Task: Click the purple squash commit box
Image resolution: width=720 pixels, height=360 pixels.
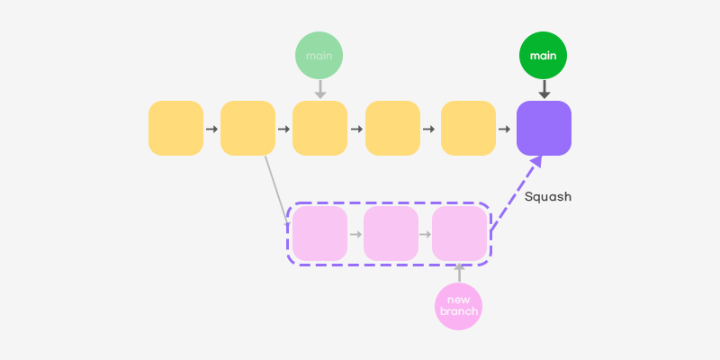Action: click(x=544, y=128)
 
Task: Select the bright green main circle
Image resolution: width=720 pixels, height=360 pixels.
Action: click(x=544, y=56)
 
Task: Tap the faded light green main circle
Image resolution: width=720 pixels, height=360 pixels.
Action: click(x=319, y=56)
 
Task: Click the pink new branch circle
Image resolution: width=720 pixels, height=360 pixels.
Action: click(x=459, y=305)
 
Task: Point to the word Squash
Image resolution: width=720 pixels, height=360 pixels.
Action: click(x=548, y=196)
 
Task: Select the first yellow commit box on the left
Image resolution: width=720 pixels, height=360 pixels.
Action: click(x=175, y=128)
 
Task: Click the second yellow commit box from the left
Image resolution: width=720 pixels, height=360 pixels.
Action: click(x=247, y=128)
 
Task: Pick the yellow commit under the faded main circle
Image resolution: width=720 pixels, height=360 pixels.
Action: click(x=319, y=128)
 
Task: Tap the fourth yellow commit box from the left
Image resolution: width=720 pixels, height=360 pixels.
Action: click(x=392, y=128)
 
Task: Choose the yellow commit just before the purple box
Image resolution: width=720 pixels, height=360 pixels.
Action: click(x=468, y=128)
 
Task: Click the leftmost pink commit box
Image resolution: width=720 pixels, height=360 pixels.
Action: click(x=319, y=233)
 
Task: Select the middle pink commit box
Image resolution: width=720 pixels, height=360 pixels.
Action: click(x=391, y=233)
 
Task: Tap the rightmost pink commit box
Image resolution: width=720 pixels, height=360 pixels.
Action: click(x=459, y=233)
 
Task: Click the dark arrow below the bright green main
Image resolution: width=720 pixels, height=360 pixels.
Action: click(x=544, y=90)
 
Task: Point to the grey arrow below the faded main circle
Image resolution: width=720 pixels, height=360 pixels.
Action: click(x=319, y=90)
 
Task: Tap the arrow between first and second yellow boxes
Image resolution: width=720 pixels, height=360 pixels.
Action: click(x=211, y=129)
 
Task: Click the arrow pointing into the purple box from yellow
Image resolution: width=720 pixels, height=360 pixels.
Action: click(x=505, y=129)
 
